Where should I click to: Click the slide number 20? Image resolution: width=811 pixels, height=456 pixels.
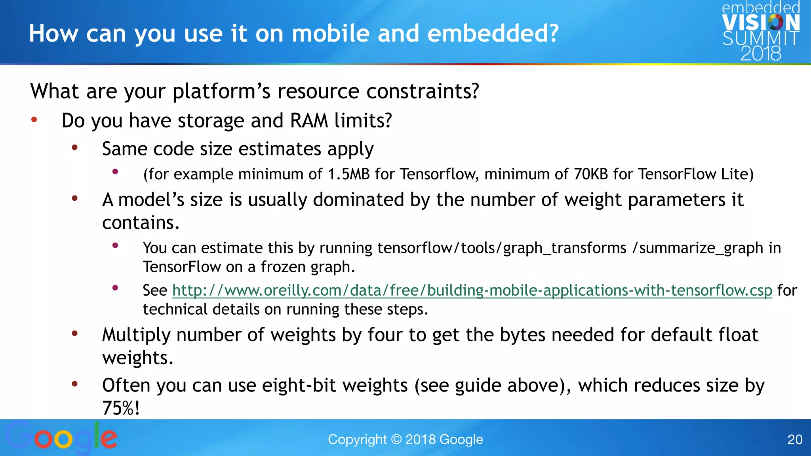[x=794, y=439]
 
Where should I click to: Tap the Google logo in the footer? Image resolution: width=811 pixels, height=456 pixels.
[x=62, y=437]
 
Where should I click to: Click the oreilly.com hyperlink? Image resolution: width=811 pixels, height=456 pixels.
[x=472, y=291]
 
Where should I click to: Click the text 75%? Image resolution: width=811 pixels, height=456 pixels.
[x=121, y=408]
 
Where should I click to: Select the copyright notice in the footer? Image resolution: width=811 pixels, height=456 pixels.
[x=405, y=439]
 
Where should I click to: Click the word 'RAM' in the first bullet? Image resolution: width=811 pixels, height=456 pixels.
[x=309, y=120]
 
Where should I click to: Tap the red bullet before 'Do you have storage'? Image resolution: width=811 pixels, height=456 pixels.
[x=34, y=119]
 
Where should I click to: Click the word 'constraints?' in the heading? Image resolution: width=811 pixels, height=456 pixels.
[x=423, y=91]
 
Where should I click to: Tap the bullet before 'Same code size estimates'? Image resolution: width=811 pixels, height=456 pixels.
[x=74, y=148]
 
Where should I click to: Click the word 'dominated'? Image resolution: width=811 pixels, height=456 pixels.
[x=358, y=199]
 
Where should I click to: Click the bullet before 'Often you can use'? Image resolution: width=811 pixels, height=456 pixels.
[x=74, y=384]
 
